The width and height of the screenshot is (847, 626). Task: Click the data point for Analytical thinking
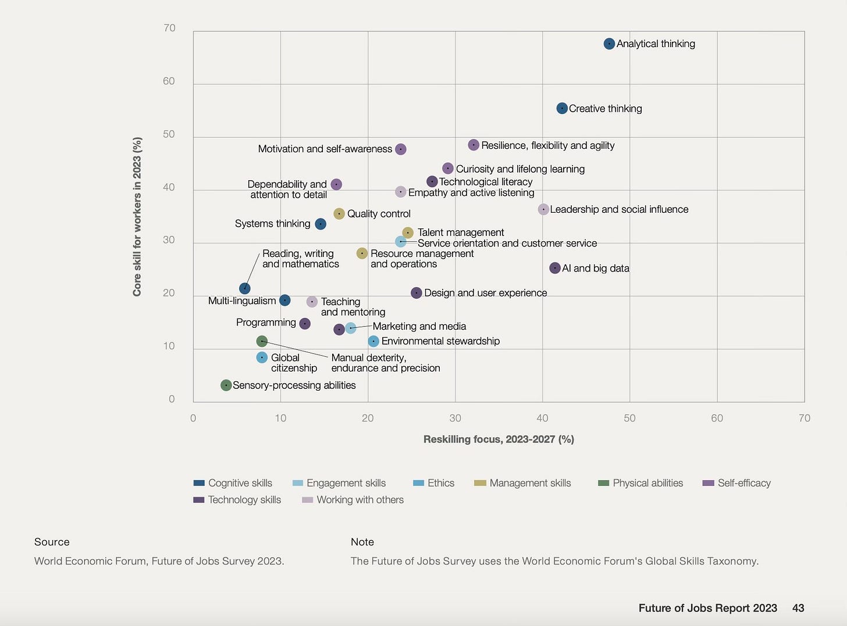(609, 44)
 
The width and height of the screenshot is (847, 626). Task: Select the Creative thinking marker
(562, 109)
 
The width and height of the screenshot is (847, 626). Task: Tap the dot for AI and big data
(555, 268)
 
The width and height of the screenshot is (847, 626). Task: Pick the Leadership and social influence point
(543, 209)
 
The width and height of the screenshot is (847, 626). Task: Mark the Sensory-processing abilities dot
(226, 385)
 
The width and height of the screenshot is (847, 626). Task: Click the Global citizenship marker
(262, 357)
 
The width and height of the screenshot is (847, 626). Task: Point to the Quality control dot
(339, 214)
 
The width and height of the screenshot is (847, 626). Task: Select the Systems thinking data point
(321, 224)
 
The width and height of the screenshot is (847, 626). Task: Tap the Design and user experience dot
(417, 293)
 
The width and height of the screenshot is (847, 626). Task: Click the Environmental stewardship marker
(373, 341)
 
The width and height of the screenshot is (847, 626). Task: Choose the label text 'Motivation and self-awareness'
(325, 149)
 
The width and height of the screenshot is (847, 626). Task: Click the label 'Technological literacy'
(486, 182)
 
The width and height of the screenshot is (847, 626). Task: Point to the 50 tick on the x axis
(629, 418)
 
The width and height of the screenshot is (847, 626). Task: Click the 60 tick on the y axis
(169, 81)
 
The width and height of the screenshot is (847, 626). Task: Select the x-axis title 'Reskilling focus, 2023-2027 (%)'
(499, 439)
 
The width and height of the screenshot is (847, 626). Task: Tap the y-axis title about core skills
(137, 217)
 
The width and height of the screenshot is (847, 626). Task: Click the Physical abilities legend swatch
(603, 483)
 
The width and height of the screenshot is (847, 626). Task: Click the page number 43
(798, 608)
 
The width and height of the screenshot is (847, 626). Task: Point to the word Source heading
(52, 542)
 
